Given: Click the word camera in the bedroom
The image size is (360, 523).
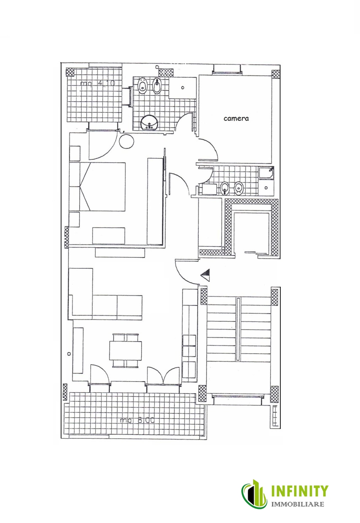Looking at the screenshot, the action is pos(236,119).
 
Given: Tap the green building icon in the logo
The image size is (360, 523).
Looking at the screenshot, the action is pos(254,494).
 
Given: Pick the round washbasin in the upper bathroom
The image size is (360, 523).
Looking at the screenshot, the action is pos(149,123).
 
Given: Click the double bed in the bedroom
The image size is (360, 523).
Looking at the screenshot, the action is pos(102,186).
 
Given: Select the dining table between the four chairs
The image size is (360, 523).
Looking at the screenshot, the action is pos(126,350).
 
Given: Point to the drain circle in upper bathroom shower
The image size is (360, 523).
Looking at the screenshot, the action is pos(183,88).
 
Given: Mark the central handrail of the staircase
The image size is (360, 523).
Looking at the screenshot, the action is pos(239,329).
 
